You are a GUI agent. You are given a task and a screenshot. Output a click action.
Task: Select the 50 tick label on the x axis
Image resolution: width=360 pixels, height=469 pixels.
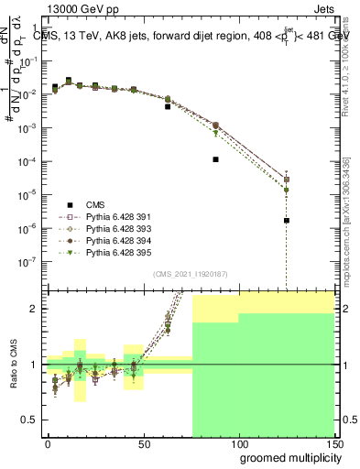click(x=143, y=443)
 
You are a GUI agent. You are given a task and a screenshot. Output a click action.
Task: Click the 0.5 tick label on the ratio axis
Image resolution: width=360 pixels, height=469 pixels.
click(x=31, y=421)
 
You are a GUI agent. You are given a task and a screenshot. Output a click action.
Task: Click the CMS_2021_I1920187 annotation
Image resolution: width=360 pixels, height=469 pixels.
click(x=191, y=273)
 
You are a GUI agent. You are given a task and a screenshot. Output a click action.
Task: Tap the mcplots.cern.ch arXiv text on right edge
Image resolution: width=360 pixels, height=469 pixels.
click(x=353, y=229)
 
